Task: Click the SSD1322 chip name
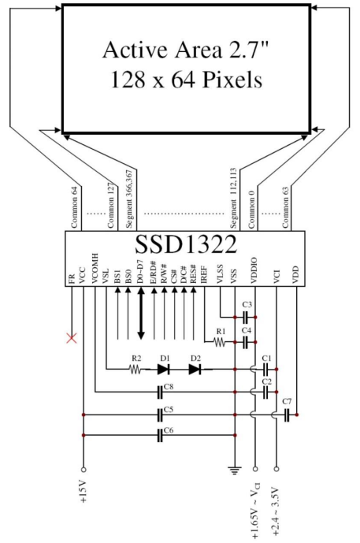(186, 244)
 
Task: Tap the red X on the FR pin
(72, 337)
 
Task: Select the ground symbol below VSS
(235, 470)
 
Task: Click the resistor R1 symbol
(220, 343)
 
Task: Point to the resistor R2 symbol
(135, 370)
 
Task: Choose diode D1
(163, 369)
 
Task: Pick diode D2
(195, 369)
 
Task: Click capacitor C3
(246, 317)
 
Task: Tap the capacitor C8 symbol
(160, 392)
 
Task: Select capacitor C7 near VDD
(287, 415)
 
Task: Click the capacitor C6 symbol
(160, 435)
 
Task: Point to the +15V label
(84, 492)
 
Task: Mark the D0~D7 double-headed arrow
(141, 314)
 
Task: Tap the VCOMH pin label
(95, 269)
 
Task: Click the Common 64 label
(74, 208)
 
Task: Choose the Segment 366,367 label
(129, 199)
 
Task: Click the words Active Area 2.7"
(186, 50)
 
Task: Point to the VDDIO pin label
(254, 271)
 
